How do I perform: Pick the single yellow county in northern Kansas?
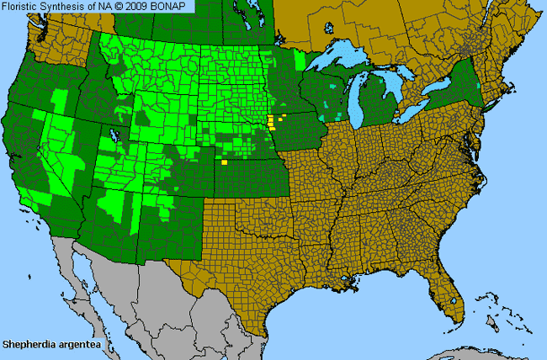(225, 161)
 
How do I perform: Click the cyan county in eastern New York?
(480, 86)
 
